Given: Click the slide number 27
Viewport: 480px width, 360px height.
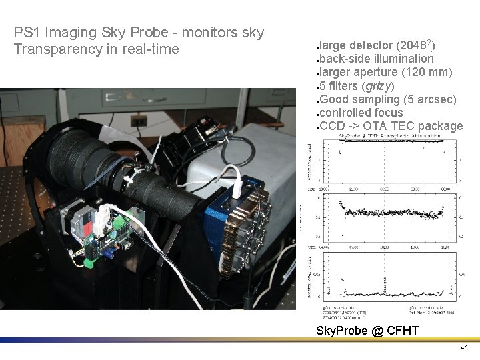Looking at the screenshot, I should click(463, 347).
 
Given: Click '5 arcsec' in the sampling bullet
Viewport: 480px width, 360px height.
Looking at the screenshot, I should click(431, 99).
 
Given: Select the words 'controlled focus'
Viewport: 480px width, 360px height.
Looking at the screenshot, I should click(361, 113).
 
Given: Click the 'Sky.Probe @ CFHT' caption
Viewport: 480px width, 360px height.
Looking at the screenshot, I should click(367, 331).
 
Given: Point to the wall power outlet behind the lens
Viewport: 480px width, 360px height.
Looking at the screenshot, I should click(138, 121).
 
